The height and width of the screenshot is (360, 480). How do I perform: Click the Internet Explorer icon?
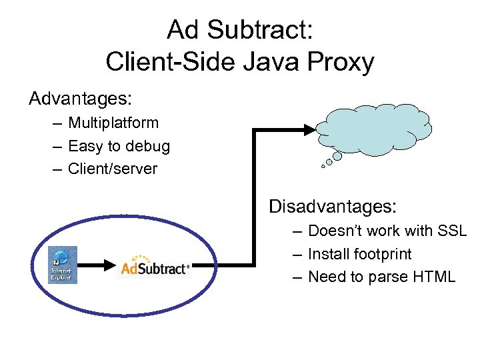pos(63,265)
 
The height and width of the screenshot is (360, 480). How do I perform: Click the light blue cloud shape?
pos(375,129)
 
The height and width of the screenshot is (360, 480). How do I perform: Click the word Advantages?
pos(80,99)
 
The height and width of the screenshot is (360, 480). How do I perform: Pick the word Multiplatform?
pos(113,123)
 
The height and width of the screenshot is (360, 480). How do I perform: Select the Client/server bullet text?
pos(113,169)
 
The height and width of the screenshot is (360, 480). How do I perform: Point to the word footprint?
pos(382,254)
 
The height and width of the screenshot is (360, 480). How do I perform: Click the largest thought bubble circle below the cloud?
pos(337,156)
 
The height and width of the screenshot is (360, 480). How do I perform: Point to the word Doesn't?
pos(337,231)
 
